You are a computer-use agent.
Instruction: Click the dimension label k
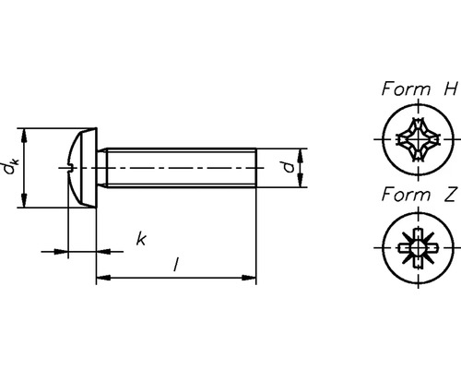pyautogui.click(x=141, y=239)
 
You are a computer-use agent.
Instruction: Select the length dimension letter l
pyautogui.click(x=176, y=265)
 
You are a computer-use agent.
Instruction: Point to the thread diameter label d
pyautogui.click(x=289, y=168)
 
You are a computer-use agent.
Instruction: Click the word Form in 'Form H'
pyautogui.click(x=406, y=89)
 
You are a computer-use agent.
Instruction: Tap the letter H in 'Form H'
pyautogui.click(x=450, y=89)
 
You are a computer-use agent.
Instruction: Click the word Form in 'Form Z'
pyautogui.click(x=406, y=195)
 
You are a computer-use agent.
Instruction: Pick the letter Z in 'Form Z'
pyautogui.click(x=450, y=195)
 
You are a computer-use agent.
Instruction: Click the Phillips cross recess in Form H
pyautogui.click(x=419, y=139)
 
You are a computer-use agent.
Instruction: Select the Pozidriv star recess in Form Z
pyautogui.click(x=419, y=247)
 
